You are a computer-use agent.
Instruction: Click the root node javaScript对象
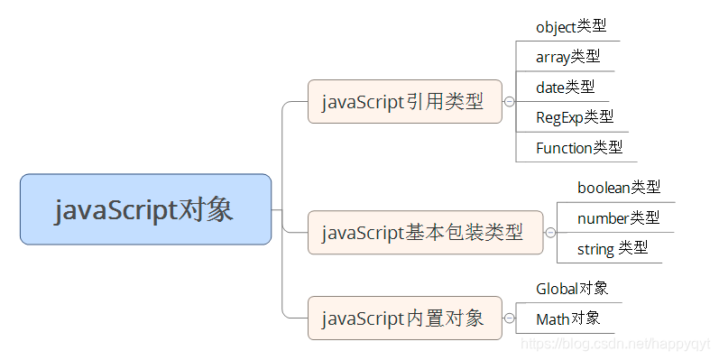tap(145, 209)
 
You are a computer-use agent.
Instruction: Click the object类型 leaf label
tap(570, 27)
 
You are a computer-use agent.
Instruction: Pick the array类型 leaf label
tap(567, 57)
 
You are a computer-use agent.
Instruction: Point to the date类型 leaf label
tap(565, 87)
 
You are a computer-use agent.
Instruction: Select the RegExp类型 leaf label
tap(575, 116)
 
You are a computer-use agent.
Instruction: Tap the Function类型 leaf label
tap(578, 147)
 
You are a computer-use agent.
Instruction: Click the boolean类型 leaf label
tap(619, 188)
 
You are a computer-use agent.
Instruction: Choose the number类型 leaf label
tap(618, 217)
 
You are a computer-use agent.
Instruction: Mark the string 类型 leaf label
tap(613, 248)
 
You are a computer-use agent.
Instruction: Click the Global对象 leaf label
tap(572, 289)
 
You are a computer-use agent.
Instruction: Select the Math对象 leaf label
tap(567, 318)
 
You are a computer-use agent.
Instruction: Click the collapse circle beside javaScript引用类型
tap(509, 102)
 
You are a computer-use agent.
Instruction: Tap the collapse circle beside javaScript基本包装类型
tap(550, 233)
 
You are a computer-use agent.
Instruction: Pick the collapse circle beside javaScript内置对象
tap(509, 318)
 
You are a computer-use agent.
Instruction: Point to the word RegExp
tap(559, 116)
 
